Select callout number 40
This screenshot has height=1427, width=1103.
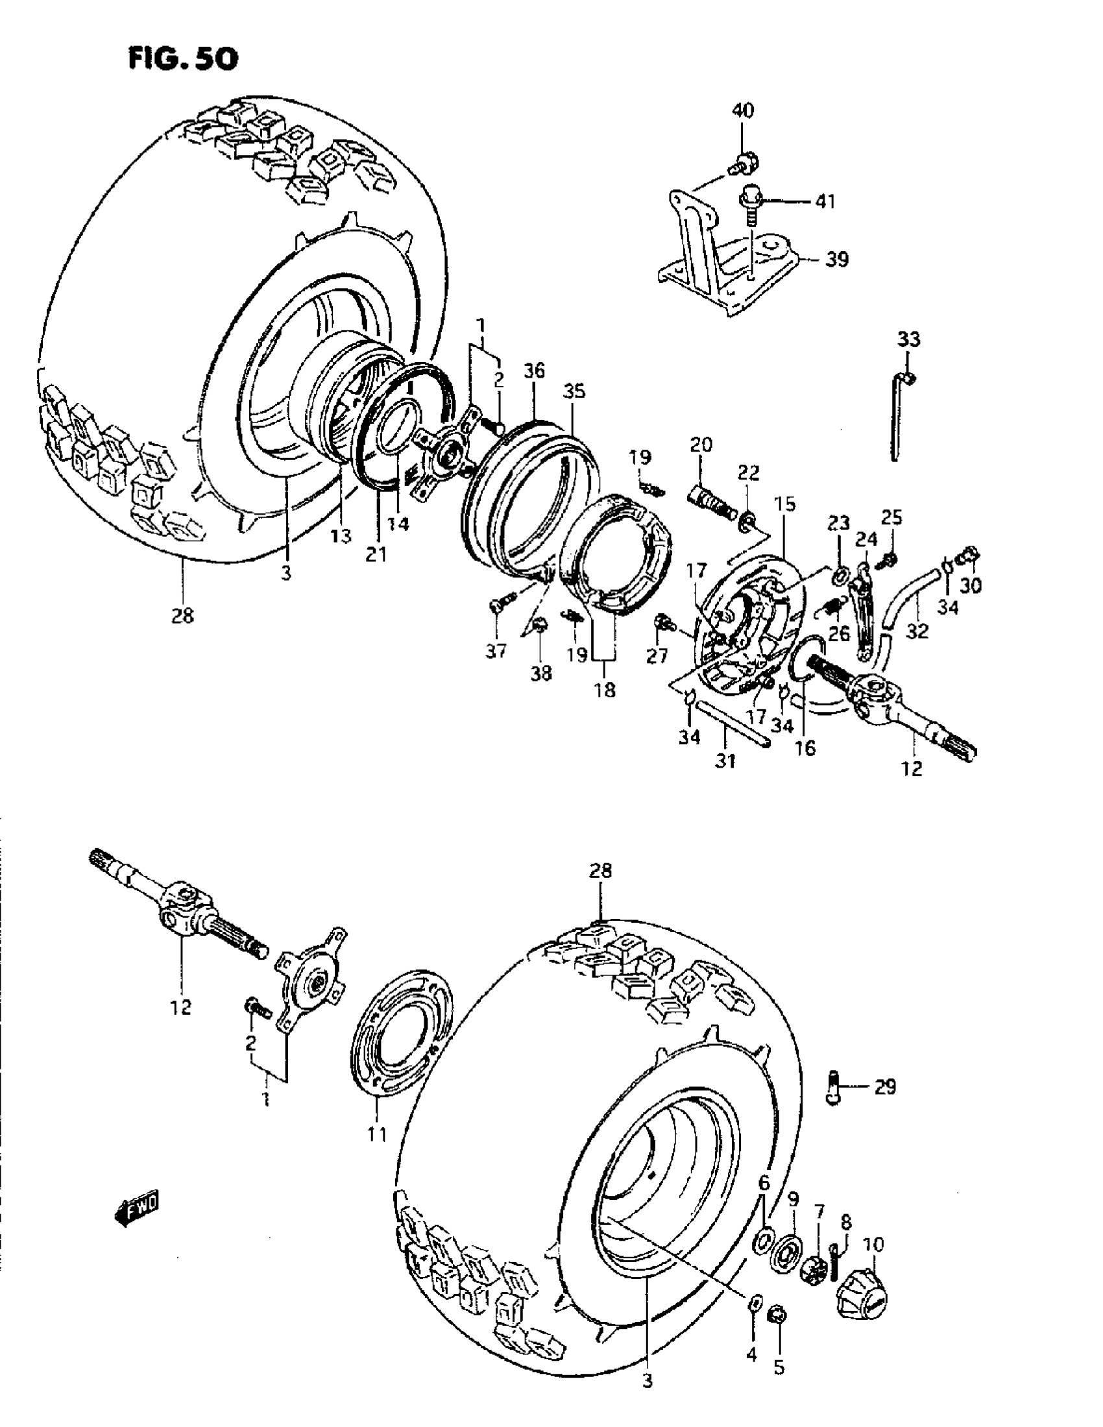click(742, 110)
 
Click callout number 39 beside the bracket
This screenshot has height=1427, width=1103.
click(836, 260)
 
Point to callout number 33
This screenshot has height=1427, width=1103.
click(908, 340)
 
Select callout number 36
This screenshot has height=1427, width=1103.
click(533, 371)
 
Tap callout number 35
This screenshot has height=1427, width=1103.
click(576, 391)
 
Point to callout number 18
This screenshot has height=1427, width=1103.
click(605, 690)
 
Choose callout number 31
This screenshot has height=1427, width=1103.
click(725, 761)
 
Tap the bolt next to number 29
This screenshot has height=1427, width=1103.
click(833, 1087)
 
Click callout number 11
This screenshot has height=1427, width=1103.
click(377, 1134)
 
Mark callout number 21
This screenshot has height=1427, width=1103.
click(376, 554)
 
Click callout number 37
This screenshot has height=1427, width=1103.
click(496, 652)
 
